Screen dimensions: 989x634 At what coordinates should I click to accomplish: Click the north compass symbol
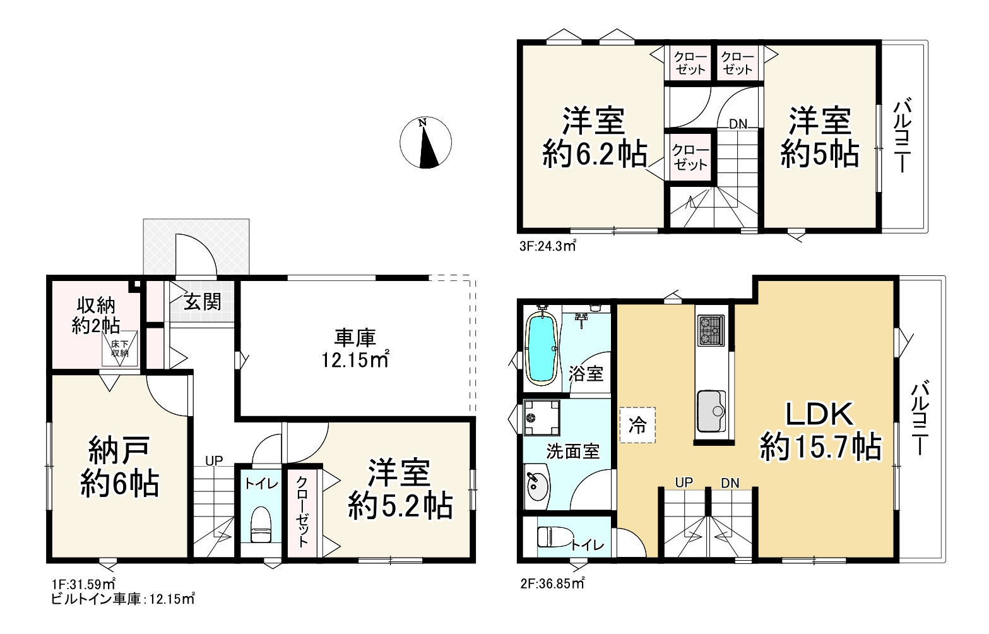(425, 142)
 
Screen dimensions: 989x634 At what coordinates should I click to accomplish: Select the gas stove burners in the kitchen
(711, 330)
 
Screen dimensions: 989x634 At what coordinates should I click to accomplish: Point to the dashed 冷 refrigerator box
(637, 425)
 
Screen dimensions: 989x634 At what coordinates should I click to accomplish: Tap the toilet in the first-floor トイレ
(261, 524)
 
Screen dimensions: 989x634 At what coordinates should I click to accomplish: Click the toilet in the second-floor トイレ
(552, 537)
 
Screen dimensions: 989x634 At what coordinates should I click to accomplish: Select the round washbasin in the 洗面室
(536, 487)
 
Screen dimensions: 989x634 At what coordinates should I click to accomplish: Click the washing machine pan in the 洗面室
(542, 418)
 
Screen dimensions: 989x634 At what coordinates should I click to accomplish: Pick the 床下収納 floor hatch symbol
(120, 349)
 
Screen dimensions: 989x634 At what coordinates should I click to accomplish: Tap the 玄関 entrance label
(202, 302)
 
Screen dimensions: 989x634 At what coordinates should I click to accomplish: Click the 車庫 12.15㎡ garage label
(355, 349)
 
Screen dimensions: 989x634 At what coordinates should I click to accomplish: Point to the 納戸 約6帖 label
(120, 467)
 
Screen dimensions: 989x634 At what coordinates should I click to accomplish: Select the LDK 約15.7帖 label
(820, 431)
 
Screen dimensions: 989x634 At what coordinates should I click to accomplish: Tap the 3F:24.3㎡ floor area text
(547, 245)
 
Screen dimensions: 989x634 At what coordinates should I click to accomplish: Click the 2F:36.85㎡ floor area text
(552, 583)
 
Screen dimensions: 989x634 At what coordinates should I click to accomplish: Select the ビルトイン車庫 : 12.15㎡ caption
(122, 599)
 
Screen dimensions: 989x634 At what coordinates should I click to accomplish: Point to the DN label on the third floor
(738, 124)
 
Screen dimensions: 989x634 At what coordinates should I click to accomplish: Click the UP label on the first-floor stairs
(214, 461)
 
